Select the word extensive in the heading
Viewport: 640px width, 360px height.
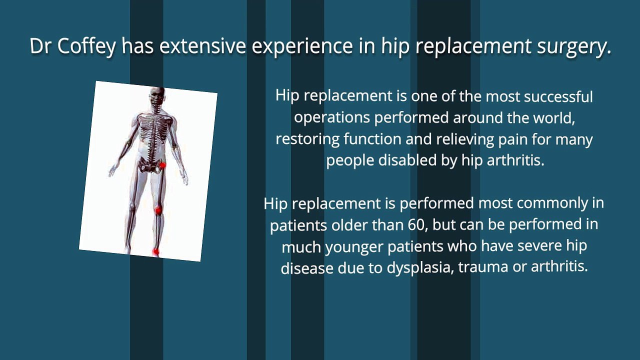202,46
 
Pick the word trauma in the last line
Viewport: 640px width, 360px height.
483,267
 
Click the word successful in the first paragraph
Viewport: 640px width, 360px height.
558,96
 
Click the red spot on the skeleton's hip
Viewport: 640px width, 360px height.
162,165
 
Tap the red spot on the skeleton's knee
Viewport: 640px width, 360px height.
158,211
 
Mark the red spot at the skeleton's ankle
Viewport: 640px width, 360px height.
155,251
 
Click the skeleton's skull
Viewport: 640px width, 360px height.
157,96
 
